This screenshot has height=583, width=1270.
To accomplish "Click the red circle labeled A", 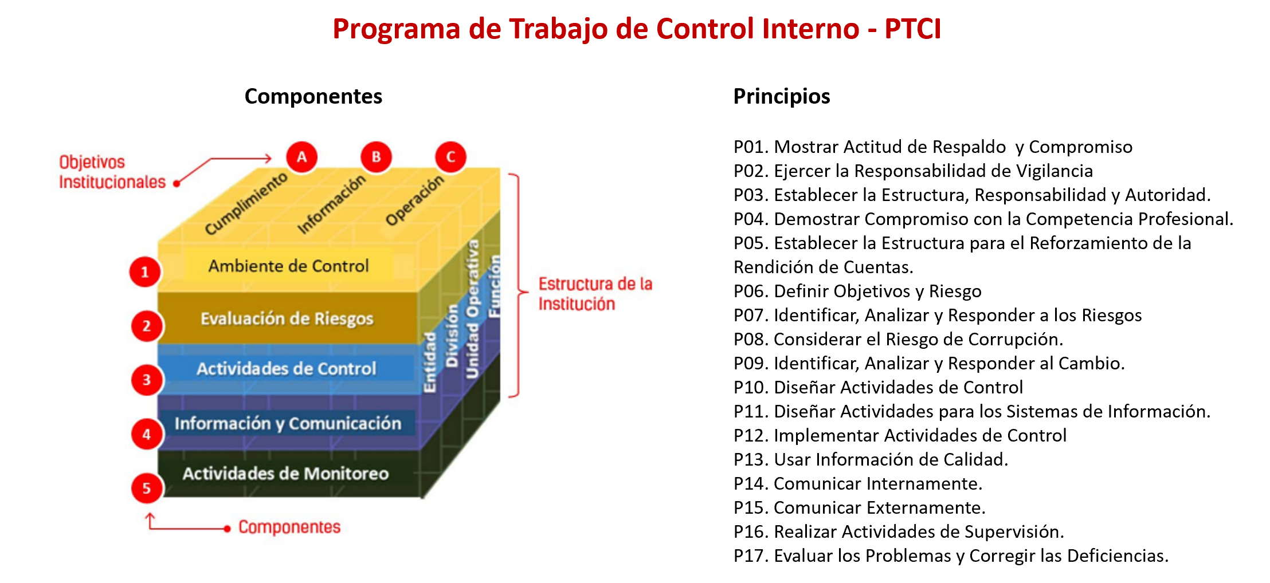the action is pos(302,156).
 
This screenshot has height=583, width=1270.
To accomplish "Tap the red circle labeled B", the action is pos(377,156).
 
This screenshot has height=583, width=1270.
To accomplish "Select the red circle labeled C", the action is pos(450,156).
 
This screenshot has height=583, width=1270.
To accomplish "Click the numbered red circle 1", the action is pos(145,272).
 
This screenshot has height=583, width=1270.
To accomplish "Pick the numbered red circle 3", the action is pos(147,380).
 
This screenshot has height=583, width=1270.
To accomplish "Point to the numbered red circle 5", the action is pos(147,488).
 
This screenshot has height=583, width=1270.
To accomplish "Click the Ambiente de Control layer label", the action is pos(288,266).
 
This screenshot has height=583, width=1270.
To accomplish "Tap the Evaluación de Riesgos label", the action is pos(287,318).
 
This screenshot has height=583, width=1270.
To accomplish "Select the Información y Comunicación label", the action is pos(288,423).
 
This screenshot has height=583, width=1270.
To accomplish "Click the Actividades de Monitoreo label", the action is pos(285,474).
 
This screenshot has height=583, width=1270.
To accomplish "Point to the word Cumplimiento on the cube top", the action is pos(246,203).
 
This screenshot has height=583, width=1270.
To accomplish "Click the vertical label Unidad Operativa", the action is pos(472,309).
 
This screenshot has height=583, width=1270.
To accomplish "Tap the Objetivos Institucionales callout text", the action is pos(112,172).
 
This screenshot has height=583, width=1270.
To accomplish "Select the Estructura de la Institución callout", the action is pos(595,294).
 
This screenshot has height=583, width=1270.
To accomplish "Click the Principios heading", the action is pos(782,96).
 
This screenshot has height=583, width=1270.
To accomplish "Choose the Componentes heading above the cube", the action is pos(313,96).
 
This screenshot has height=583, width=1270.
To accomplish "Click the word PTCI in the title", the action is pos(912,29).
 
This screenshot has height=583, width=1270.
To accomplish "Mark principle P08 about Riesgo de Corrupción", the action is pos(898,339).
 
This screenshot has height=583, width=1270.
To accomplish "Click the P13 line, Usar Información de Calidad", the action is pos(871,459).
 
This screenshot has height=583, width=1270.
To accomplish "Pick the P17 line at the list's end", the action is pos(951,556).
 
